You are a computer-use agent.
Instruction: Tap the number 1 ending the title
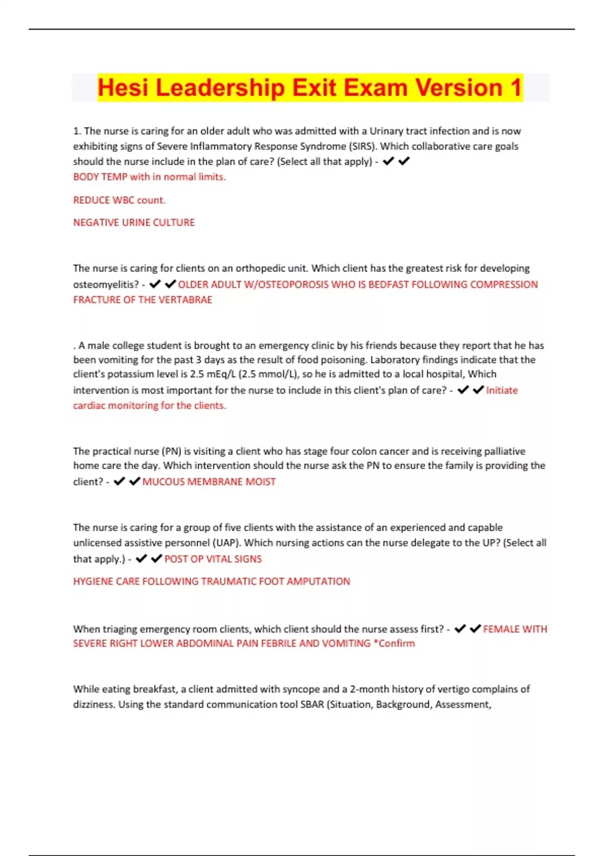515,88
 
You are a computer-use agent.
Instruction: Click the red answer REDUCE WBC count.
119,200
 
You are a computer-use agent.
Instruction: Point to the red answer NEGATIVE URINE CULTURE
134,223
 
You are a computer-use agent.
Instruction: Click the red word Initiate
501,390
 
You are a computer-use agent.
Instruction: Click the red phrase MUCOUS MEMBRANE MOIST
209,482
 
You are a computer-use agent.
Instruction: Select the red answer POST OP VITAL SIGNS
213,559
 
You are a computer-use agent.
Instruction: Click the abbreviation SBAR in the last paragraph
312,704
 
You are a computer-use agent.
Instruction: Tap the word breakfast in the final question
154,689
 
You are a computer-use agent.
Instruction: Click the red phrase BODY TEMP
100,177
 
